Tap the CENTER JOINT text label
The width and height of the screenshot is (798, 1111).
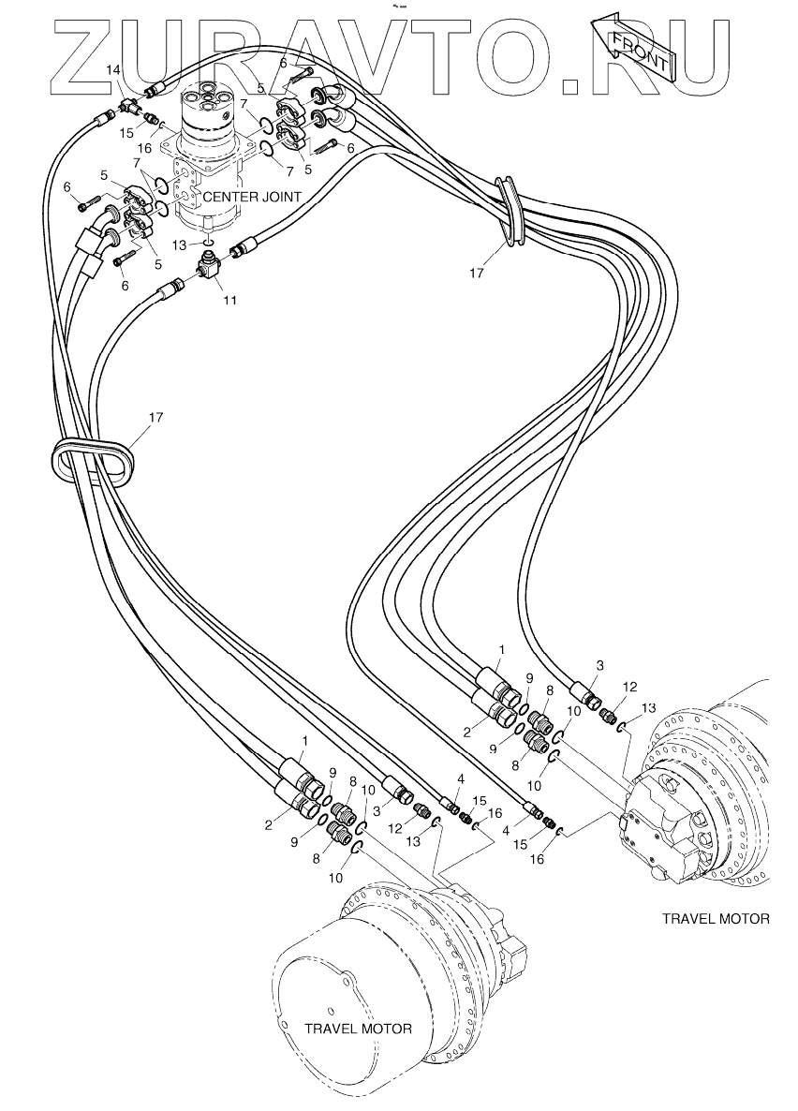click(x=252, y=197)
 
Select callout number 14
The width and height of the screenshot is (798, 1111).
click(x=113, y=71)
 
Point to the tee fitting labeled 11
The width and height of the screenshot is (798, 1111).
click(x=207, y=270)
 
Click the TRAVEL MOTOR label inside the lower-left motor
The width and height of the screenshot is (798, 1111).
click(x=358, y=1028)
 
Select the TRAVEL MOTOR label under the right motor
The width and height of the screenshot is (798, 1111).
click(x=716, y=918)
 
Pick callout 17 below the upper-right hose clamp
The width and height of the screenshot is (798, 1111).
click(x=479, y=274)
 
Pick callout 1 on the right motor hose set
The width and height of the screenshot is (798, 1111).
click(x=501, y=648)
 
